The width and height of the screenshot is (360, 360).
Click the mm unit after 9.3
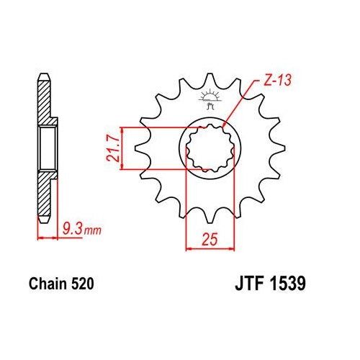91,231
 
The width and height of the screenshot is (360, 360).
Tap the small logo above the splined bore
210,101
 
